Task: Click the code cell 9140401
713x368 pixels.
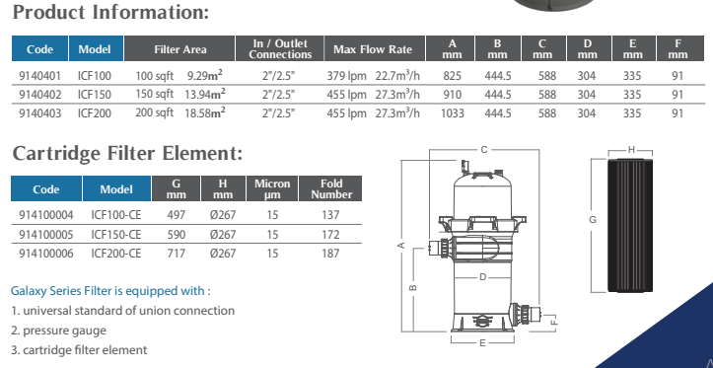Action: pos(39,76)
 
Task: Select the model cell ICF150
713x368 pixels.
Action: pos(94,95)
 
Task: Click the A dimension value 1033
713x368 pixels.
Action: pos(453,112)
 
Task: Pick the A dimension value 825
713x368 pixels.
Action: pos(452,76)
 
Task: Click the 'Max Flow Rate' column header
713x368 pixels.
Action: pos(373,49)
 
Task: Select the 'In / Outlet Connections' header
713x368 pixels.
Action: pos(280,48)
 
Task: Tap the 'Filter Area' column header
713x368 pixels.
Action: pos(180,49)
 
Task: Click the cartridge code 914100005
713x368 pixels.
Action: pos(46,234)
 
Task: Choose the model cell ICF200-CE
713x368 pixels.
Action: pos(116,253)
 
